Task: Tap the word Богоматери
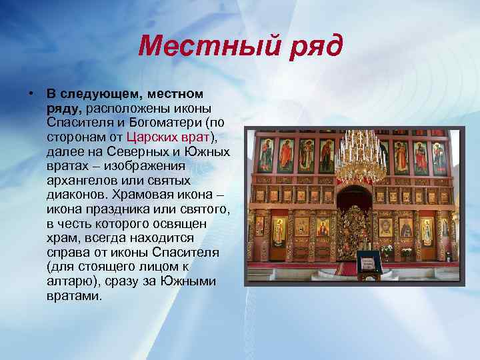(x=166, y=123)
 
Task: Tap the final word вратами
(x=73, y=296)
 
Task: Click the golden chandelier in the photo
(x=360, y=157)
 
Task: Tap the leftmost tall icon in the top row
(x=266, y=155)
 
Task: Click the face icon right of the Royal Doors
(x=383, y=227)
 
